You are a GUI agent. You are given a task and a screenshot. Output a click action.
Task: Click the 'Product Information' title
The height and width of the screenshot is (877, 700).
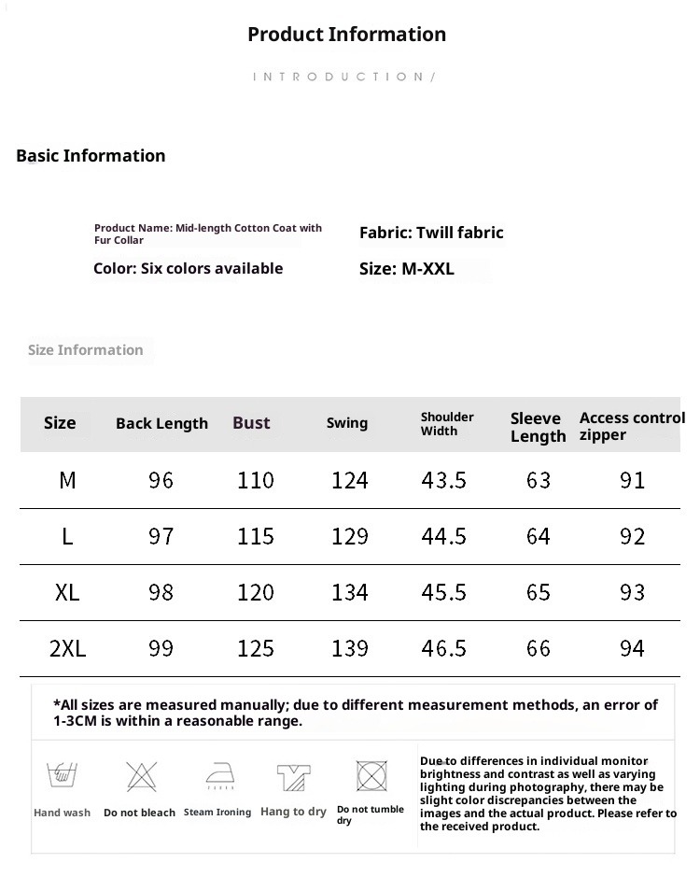(346, 35)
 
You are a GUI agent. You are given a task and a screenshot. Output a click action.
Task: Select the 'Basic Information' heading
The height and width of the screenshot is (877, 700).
(91, 156)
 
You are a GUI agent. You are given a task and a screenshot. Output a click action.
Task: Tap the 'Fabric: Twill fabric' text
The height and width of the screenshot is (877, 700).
(431, 233)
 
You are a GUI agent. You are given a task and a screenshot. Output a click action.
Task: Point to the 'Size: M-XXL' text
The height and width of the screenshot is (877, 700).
(407, 269)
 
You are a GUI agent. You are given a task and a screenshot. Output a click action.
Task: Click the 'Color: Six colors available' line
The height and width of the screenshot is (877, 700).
(188, 269)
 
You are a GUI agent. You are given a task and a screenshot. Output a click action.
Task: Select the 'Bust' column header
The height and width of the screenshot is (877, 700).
(251, 423)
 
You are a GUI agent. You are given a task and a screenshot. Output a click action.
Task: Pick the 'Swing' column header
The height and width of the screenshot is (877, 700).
(347, 423)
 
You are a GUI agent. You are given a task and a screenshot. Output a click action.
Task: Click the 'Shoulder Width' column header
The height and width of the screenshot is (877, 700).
(447, 424)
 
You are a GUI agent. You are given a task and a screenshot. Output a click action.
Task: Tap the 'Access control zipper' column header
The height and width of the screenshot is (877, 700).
(631, 426)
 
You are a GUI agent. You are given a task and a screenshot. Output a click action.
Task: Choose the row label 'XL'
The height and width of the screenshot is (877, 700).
(67, 592)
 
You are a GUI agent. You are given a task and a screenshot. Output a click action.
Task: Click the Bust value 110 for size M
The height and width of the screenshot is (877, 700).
(256, 480)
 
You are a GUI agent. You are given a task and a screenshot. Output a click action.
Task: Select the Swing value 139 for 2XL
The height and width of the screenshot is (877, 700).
(350, 648)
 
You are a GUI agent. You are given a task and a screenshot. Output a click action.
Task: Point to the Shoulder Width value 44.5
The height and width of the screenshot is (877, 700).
(444, 536)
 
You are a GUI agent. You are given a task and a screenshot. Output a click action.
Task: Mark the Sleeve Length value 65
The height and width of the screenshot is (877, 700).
(539, 592)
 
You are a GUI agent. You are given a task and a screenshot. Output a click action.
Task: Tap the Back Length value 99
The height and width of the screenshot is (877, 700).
(161, 648)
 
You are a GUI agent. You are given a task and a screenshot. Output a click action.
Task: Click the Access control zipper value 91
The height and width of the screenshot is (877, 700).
(633, 480)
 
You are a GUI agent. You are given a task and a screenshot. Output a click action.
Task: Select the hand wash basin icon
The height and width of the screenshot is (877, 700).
(62, 775)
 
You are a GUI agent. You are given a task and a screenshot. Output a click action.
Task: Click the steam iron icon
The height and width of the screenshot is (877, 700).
(219, 776)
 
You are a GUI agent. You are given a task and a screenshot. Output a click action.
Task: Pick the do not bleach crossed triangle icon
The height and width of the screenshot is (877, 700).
(141, 776)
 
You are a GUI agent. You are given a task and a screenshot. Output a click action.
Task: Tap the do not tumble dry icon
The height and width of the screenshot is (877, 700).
(371, 776)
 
